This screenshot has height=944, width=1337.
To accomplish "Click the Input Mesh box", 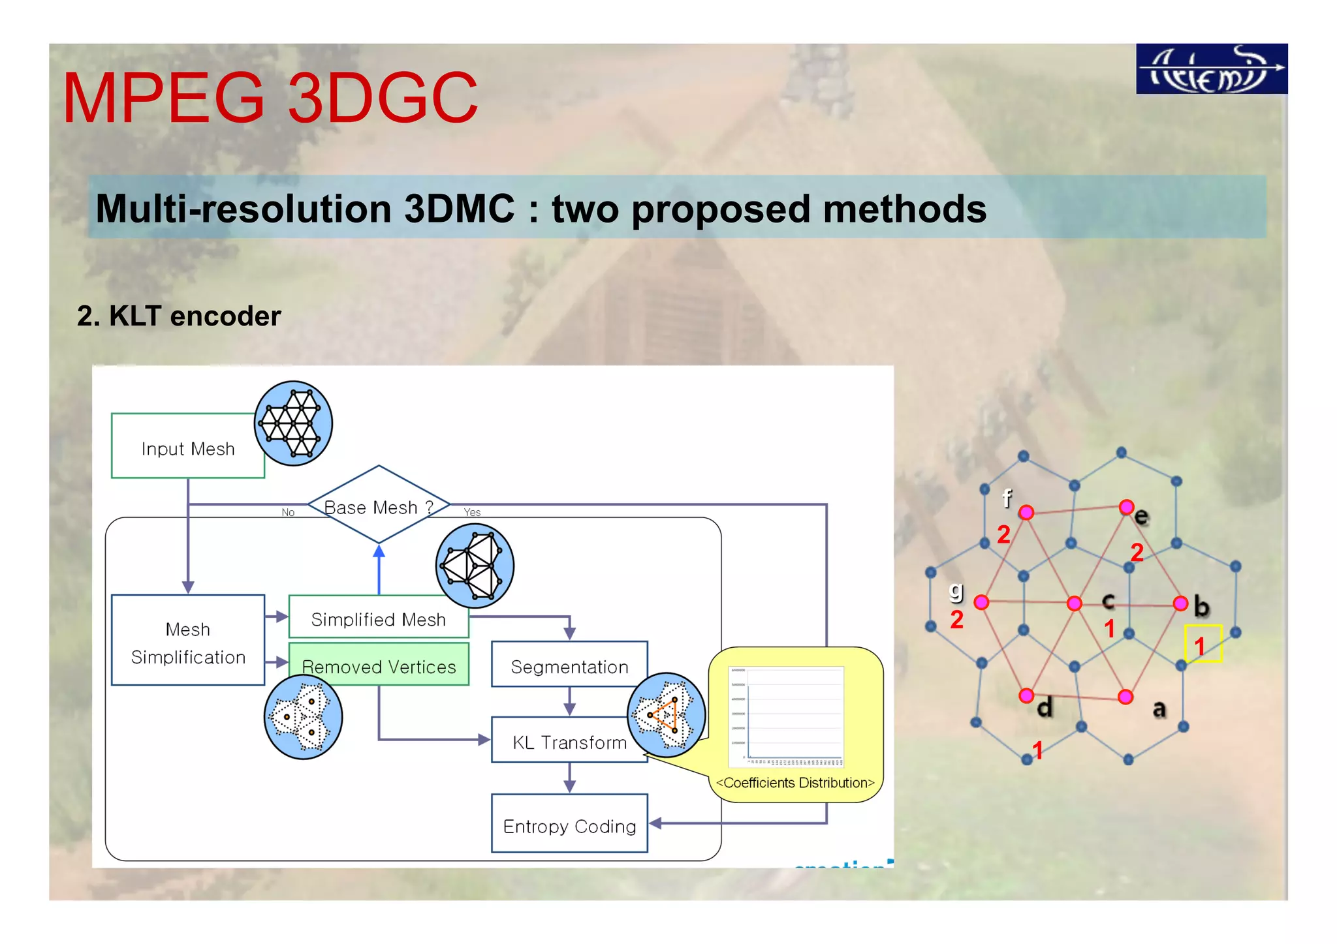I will (x=187, y=448).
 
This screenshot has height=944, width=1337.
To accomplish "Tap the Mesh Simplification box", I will (x=187, y=642).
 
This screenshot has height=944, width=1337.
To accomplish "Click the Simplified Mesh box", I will (x=378, y=618).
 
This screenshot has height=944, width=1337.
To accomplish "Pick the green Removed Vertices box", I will (x=378, y=665).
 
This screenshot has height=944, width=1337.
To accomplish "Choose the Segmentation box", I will (x=569, y=665).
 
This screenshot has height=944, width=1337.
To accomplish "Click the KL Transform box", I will (x=569, y=742).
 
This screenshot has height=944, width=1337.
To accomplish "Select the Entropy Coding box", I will (x=569, y=825).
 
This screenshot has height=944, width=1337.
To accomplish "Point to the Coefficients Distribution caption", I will (x=794, y=782).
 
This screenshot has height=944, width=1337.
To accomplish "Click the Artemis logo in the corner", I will (x=1211, y=69).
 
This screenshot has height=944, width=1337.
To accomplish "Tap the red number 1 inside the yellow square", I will (x=1199, y=646).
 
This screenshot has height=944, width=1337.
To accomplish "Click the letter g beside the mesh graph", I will (x=956, y=590).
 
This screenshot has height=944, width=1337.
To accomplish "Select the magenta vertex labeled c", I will (x=1074, y=603).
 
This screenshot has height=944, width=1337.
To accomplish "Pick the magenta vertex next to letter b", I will (x=1180, y=603).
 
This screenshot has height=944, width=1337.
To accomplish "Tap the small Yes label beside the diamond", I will (x=472, y=512).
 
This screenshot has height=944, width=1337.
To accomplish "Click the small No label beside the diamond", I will (x=288, y=512).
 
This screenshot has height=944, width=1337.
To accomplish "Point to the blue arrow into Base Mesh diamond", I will (x=379, y=568).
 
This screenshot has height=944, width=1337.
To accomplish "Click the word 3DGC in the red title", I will (x=383, y=99).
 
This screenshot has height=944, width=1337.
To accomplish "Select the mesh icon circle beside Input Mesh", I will (x=293, y=423).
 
